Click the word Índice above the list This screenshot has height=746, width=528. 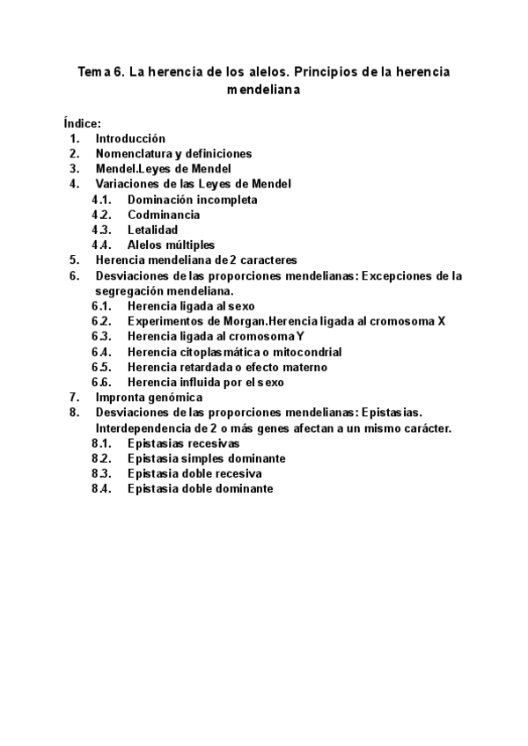[82, 124]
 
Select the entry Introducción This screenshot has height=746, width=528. [130, 139]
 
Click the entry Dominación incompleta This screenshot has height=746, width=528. [192, 200]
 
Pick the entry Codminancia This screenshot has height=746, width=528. [163, 215]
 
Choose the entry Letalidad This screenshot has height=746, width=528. [152, 230]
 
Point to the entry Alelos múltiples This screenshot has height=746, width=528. [171, 245]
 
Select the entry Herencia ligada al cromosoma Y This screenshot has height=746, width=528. [216, 336]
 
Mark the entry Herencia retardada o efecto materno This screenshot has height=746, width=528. [227, 367]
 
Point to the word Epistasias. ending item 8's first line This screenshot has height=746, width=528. [391, 413]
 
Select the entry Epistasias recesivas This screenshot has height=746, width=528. [183, 443]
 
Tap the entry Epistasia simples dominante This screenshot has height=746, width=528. [206, 458]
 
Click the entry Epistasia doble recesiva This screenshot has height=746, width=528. [194, 473]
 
